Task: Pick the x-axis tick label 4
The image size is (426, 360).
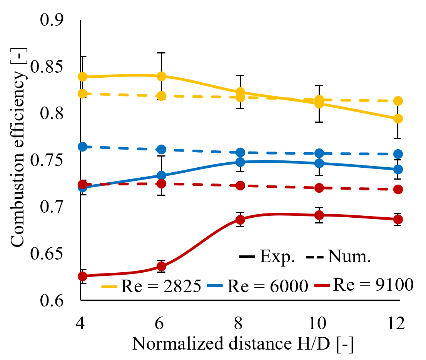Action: (x=81, y=323)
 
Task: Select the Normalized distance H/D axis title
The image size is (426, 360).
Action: (x=243, y=343)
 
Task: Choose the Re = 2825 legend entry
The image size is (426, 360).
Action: (x=152, y=287)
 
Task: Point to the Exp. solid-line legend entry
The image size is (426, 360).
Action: (x=267, y=257)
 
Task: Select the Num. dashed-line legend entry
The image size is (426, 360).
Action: (x=339, y=257)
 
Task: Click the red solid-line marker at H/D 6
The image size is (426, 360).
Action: (x=161, y=266)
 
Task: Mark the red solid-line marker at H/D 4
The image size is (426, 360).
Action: (x=82, y=276)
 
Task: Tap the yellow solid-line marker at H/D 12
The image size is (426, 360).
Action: (x=398, y=118)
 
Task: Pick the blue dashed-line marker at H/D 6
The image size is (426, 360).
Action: (x=161, y=149)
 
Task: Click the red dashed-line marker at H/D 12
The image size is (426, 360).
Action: (x=398, y=189)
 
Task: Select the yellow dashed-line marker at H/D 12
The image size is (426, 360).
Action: (x=398, y=101)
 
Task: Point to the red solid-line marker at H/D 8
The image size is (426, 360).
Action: (x=240, y=220)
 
